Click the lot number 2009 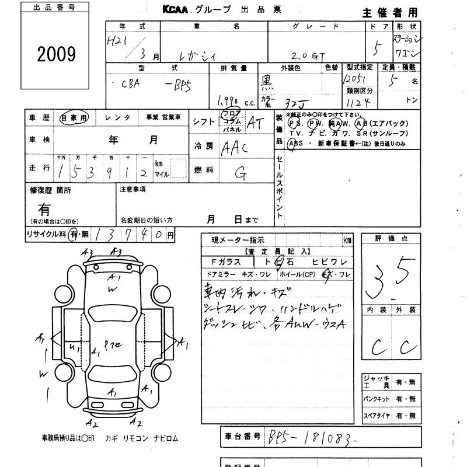click(57, 54)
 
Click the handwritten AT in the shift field click(256, 121)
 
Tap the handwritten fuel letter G click(239, 172)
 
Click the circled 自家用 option click(74, 118)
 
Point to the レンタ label click(117, 118)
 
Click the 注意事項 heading click(133, 189)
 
